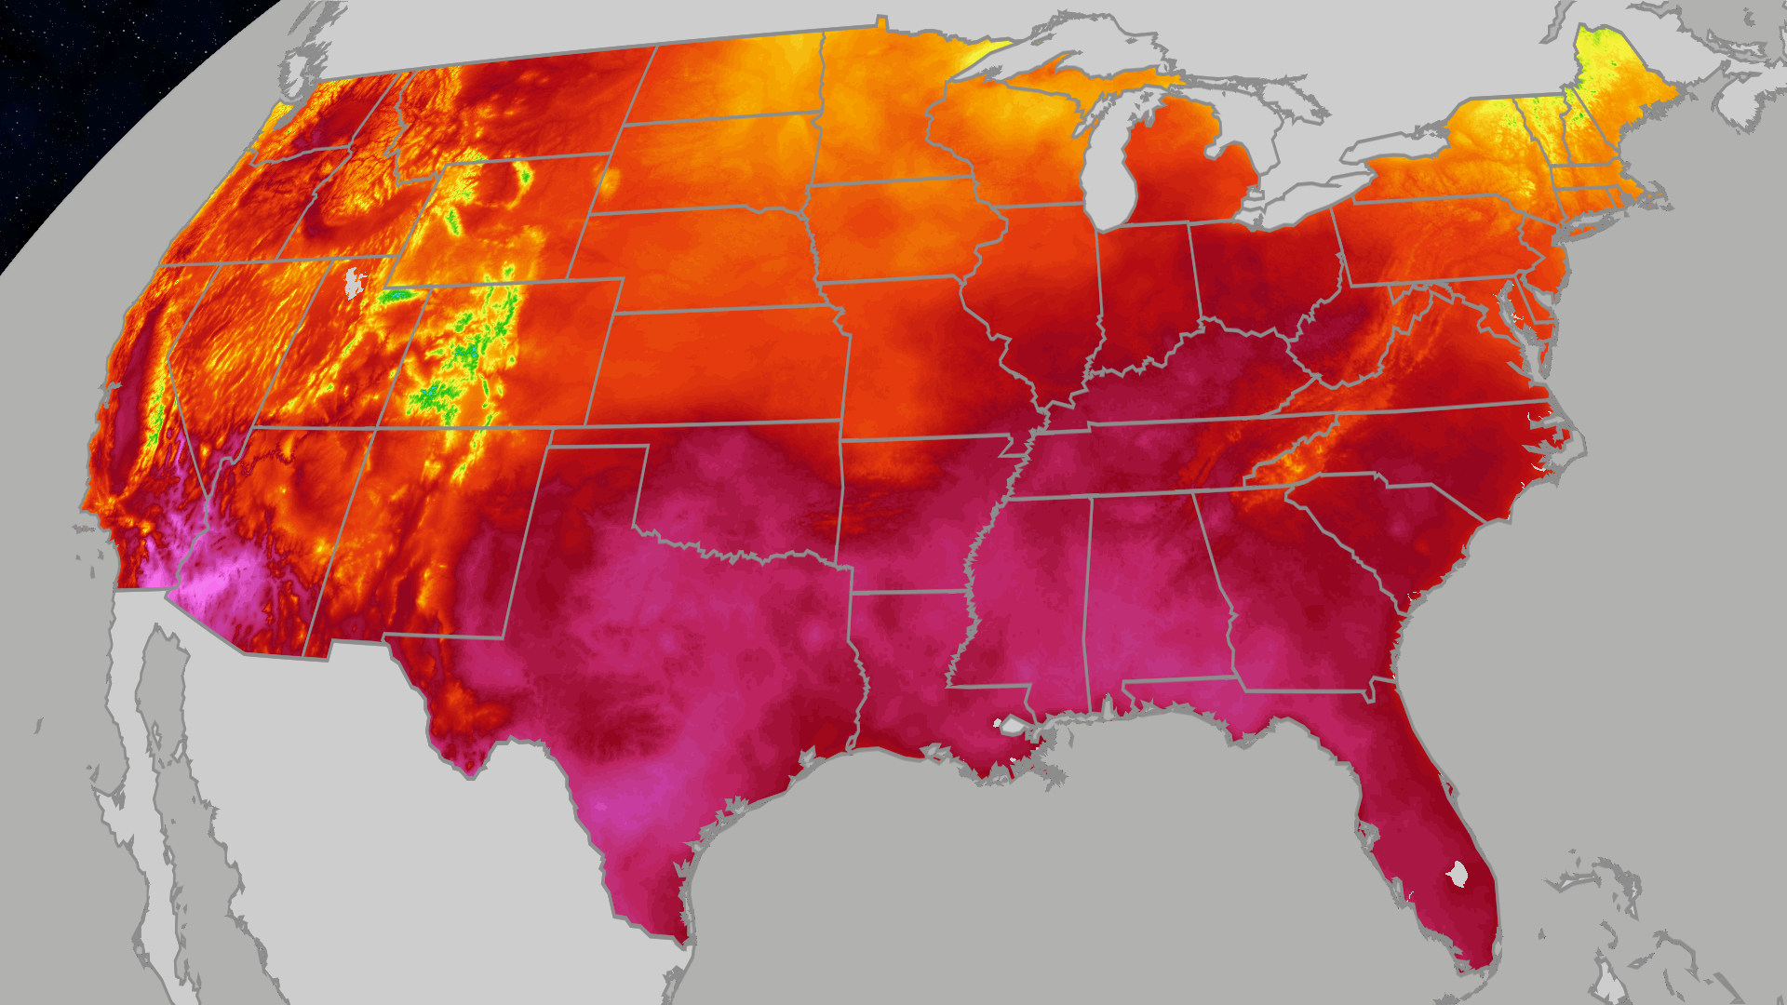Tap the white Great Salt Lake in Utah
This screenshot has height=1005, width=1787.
pos(353,281)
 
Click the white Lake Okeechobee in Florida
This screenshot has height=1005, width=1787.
pos(1457,874)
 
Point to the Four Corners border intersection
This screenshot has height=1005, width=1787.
pos(376,428)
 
